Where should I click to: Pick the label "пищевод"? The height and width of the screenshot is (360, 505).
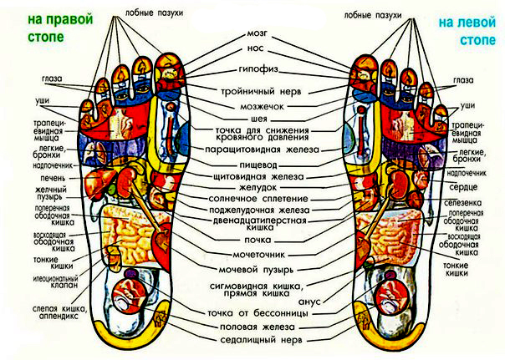point(256,166)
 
